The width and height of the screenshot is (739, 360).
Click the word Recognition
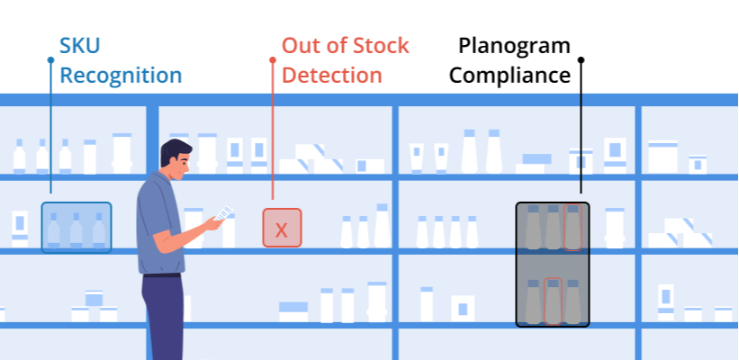coord(121,75)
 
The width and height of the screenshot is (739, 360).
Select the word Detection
coord(331,74)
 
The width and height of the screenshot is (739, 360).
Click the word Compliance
coord(510,75)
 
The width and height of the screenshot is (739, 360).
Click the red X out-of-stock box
coord(282,228)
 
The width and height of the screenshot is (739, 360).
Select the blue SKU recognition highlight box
coord(77,227)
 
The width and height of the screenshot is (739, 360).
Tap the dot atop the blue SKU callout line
coord(50,60)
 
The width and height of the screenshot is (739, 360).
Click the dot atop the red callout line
coord(273,60)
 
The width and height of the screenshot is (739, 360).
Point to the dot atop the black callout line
coord(581,60)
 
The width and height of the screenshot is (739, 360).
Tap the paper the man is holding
coord(223,212)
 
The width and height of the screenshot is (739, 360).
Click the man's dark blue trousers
coord(165,315)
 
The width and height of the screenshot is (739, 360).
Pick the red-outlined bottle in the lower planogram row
coord(553,301)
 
